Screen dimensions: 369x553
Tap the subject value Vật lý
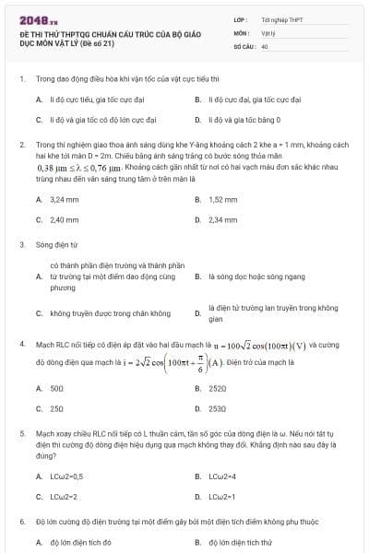(268, 31)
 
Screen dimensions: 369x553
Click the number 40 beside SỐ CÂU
(265, 44)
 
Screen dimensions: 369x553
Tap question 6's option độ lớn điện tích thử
(239, 543)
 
